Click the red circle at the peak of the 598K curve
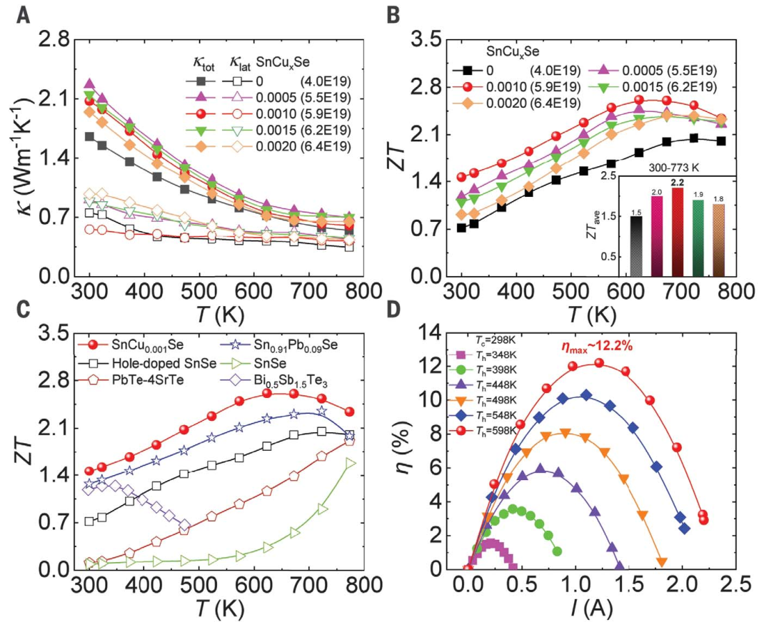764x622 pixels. [598, 363]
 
